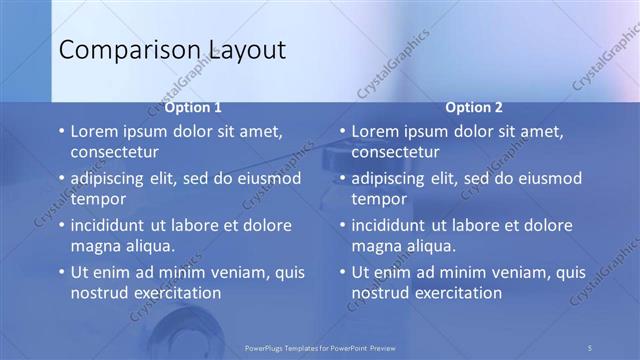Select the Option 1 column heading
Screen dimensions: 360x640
193,108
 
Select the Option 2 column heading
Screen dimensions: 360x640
474,108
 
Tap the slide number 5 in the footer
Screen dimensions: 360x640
590,347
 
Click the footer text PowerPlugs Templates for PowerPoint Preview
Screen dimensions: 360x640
320,347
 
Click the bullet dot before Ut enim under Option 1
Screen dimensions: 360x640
60,272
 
